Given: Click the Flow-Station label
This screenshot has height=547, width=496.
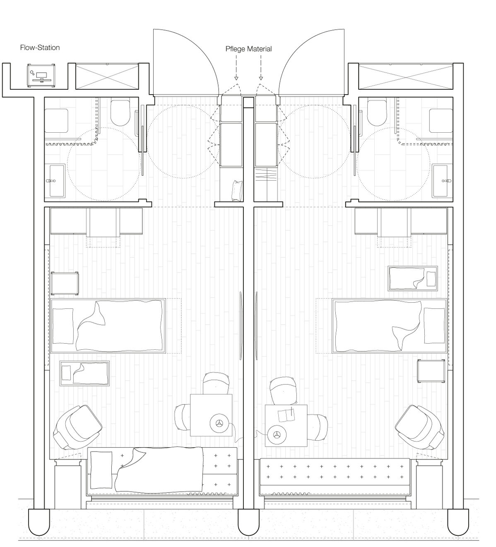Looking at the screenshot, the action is [40, 48].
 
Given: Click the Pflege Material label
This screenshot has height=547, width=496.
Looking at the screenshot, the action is [248, 49].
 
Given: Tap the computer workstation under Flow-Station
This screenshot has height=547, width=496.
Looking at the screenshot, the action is [41, 75].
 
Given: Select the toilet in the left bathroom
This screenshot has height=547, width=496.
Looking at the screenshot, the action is [120, 113].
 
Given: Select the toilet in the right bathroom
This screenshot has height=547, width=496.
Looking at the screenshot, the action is [377, 113].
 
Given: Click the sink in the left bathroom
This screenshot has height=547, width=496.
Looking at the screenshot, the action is [55, 181].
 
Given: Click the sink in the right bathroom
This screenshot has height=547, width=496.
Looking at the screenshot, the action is [443, 181].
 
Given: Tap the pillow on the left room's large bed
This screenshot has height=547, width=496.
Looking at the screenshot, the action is [63, 326].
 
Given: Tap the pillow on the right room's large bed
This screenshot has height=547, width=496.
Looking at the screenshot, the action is [434, 325].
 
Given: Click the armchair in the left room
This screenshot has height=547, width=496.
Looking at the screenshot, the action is [77, 427].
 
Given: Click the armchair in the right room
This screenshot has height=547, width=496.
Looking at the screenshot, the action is [420, 427].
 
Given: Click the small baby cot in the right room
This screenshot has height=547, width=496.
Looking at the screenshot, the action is [413, 278].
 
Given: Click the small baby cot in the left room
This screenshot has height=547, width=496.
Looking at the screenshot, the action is [85, 373].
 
